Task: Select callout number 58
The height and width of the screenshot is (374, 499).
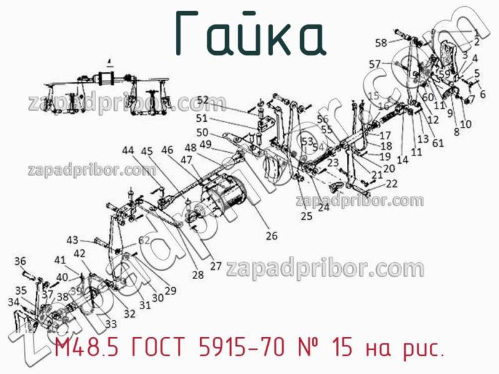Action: click(x=380, y=42)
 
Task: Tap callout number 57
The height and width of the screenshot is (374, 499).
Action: click(x=374, y=64)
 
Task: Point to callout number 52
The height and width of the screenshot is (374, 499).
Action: click(x=203, y=100)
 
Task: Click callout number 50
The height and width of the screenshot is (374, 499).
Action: click(x=202, y=132)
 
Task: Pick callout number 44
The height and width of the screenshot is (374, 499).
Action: click(x=128, y=150)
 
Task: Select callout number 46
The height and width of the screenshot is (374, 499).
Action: click(x=167, y=150)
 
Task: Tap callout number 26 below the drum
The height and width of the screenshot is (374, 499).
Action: click(x=271, y=236)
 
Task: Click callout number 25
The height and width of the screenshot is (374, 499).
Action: click(x=306, y=217)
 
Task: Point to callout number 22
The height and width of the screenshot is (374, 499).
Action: click(x=391, y=184)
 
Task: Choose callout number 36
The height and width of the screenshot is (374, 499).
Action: click(x=21, y=261)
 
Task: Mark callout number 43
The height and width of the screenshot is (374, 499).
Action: click(x=73, y=240)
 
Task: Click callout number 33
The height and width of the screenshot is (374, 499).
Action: click(x=110, y=323)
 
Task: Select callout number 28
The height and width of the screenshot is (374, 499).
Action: click(x=198, y=275)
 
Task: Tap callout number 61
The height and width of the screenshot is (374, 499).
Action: click(x=438, y=142)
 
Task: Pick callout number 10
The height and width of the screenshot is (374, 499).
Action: click(x=465, y=124)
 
